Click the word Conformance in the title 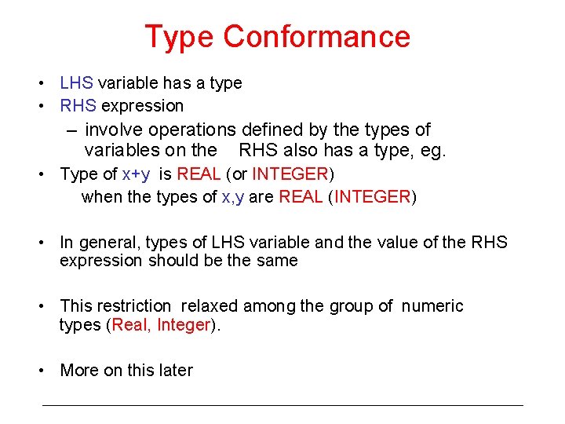click(x=316, y=37)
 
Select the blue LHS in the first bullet click(x=76, y=83)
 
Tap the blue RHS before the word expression click(x=77, y=106)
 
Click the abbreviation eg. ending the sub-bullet click(x=432, y=150)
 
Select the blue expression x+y click(x=138, y=174)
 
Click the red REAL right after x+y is click(x=199, y=174)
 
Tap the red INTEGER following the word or click(x=289, y=174)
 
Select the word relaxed click(x=218, y=306)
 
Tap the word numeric click(x=432, y=306)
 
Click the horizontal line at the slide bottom click(x=282, y=405)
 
